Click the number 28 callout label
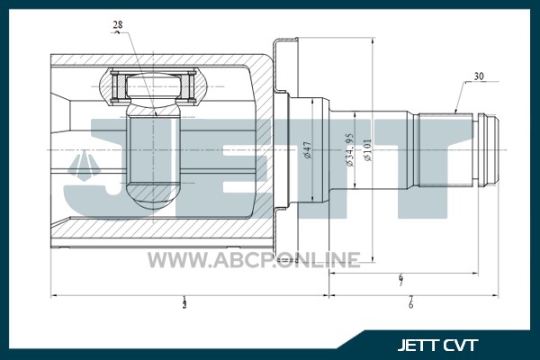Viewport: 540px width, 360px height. coord(118,25)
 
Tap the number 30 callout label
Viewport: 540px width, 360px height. coord(479,76)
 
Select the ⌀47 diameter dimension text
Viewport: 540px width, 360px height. coord(307,150)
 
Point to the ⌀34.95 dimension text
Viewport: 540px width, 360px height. coord(350,150)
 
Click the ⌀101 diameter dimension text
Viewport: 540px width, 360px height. coord(367,150)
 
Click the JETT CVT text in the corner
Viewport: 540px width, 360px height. coord(437,345)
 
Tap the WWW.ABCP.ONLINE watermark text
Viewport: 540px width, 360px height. coord(255,260)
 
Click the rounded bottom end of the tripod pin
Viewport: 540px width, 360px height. coord(153,197)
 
